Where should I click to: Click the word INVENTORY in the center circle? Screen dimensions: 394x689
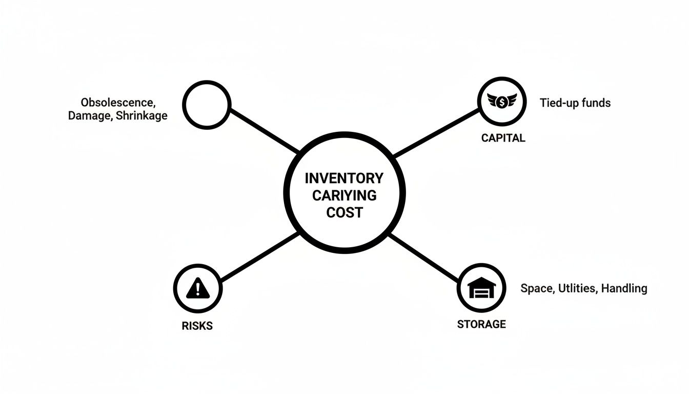[344, 179]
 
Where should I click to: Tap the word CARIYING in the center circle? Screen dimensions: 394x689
[344, 195]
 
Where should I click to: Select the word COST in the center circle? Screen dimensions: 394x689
[344, 212]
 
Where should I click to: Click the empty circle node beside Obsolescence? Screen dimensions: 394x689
[206, 105]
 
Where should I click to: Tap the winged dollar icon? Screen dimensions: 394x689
[502, 102]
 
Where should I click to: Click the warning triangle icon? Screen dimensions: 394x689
[197, 288]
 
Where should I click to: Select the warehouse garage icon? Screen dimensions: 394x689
[482, 288]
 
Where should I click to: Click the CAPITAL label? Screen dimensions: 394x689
[503, 138]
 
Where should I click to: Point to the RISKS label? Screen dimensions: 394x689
[197, 326]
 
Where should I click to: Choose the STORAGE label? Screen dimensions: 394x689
[481, 324]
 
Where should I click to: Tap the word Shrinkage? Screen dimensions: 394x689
[141, 115]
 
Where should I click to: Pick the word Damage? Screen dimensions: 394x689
[89, 115]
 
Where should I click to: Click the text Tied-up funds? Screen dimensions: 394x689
[575, 103]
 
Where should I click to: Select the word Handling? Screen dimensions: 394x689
[624, 288]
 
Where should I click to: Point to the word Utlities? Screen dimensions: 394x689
[577, 288]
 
